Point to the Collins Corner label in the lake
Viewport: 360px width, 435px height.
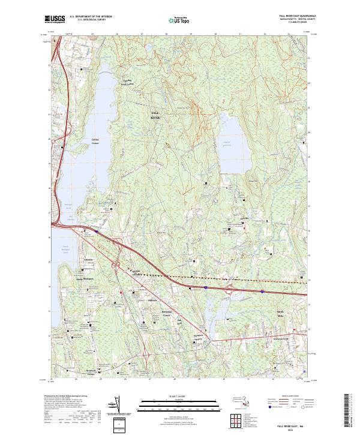point(95,140)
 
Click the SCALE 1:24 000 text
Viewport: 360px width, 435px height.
point(179,396)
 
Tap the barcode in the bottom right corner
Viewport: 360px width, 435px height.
point(352,410)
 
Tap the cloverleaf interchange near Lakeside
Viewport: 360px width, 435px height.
point(118,265)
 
